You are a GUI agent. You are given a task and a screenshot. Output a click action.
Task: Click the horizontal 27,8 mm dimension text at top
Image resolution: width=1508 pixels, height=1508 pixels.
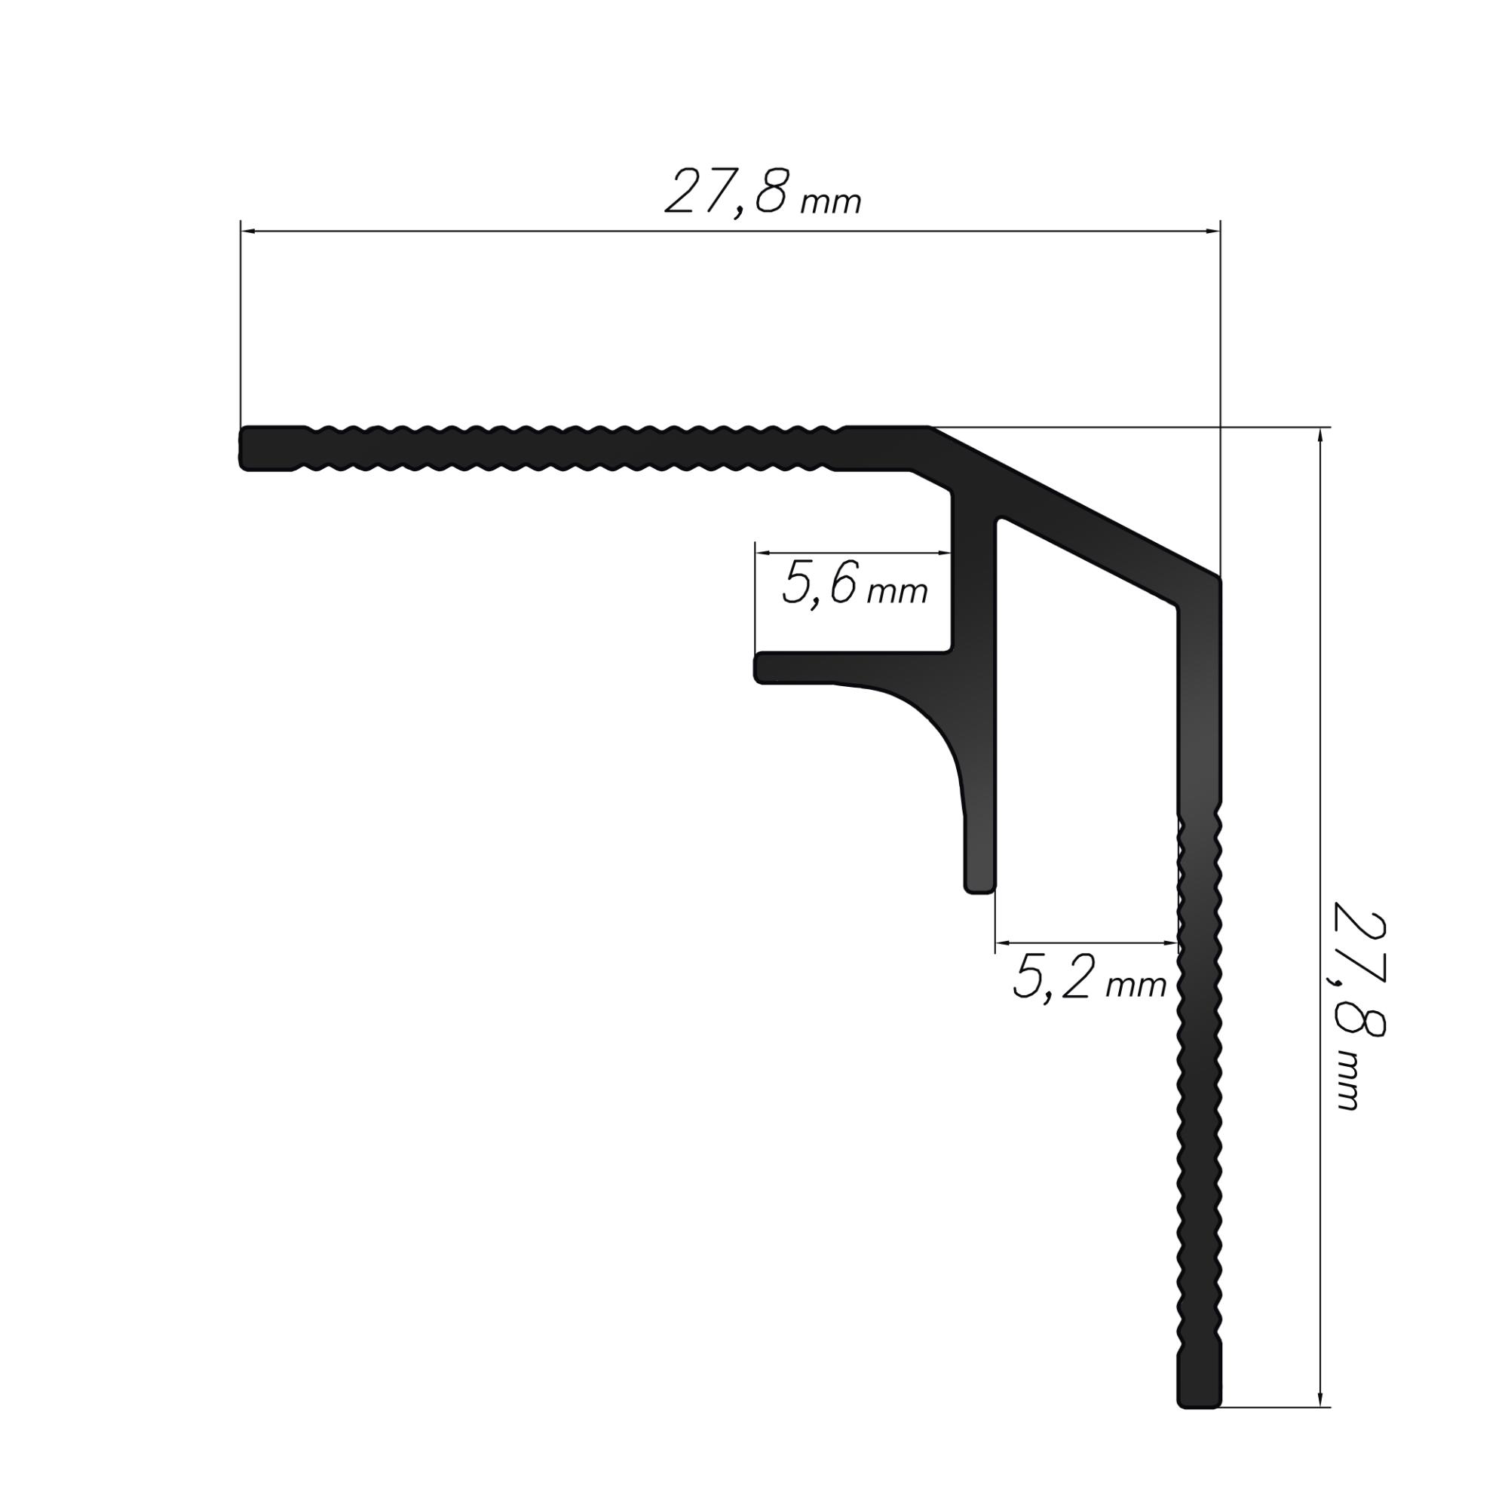point(762,193)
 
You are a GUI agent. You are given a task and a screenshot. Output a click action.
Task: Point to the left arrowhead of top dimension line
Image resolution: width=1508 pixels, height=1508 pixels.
point(248,231)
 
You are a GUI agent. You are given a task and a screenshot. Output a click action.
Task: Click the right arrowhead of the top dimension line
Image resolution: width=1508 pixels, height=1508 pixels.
point(1212,231)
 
